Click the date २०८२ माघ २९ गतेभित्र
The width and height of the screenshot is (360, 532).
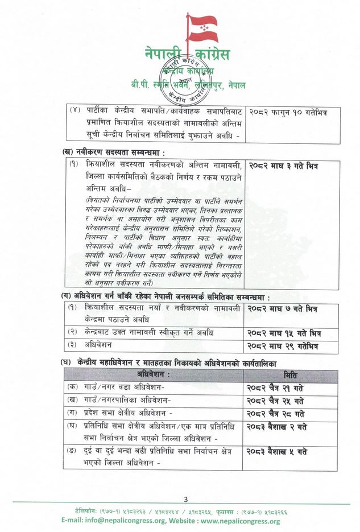(282, 346)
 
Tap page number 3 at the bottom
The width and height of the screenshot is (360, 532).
(185, 500)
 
